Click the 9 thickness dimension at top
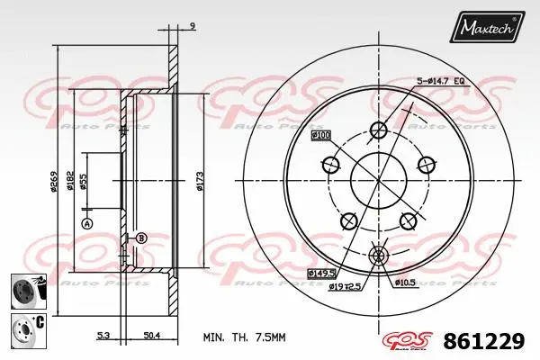pyautogui.click(x=193, y=27)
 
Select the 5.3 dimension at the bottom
pyautogui.click(x=103, y=335)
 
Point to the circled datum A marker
pyautogui.click(x=87, y=222)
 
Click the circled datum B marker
pyautogui.click(x=140, y=238)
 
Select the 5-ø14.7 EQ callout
pyautogui.click(x=440, y=82)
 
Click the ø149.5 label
pyautogui.click(x=321, y=271)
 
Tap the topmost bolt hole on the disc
pyautogui.click(x=378, y=131)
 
